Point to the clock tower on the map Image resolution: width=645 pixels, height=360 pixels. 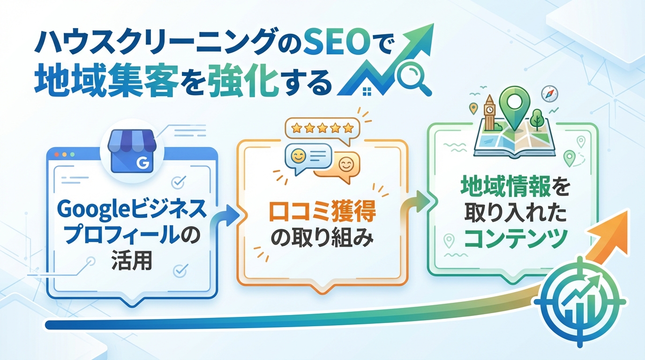[x=489, y=112]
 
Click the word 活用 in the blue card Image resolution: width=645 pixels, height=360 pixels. [x=132, y=261]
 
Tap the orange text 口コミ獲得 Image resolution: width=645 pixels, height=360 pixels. [x=322, y=214]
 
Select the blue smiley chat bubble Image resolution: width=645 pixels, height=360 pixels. [x=307, y=157]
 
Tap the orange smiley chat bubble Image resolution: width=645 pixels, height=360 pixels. [x=344, y=165]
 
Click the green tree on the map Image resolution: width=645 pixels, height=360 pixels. [x=537, y=116]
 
